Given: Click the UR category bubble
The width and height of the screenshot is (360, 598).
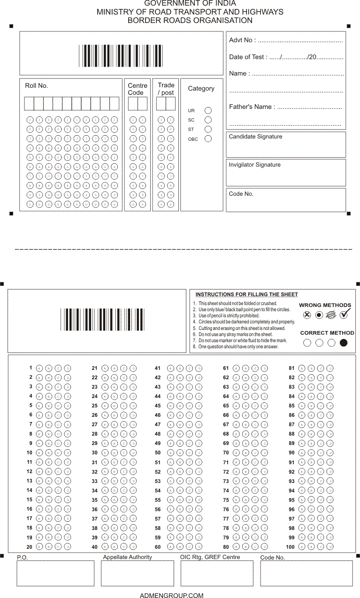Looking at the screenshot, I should click(208, 111).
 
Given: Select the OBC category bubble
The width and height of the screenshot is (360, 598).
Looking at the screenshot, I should click(208, 139).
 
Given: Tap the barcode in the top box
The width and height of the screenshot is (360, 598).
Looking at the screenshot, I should click(121, 56).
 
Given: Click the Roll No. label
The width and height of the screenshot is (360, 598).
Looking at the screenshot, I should click(37, 86).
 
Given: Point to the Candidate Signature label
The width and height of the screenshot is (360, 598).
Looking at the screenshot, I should click(255, 137).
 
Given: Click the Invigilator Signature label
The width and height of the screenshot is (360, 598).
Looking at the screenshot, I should click(254, 165).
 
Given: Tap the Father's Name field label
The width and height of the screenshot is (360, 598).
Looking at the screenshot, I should click(252, 107).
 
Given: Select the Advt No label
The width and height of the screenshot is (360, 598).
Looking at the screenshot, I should click(242, 40).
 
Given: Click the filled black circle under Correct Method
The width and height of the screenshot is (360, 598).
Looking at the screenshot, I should click(344, 343).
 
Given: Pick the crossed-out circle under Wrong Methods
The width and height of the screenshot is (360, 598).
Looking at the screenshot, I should click(307, 315).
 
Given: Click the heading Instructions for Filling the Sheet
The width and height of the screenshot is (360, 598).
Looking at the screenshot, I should click(246, 295).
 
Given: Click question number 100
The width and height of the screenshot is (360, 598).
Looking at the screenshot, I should click(290, 547).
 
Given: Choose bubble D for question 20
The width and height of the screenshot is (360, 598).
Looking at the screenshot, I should click(68, 547).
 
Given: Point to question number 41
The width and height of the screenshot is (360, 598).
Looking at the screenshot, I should click(158, 368).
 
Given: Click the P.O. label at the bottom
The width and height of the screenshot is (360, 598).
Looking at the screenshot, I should click(23, 558).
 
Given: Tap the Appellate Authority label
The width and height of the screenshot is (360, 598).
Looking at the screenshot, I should click(127, 557).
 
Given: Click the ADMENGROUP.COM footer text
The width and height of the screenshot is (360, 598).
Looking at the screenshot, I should click(172, 596).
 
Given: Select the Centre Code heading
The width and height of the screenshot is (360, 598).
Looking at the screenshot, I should click(138, 89).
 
